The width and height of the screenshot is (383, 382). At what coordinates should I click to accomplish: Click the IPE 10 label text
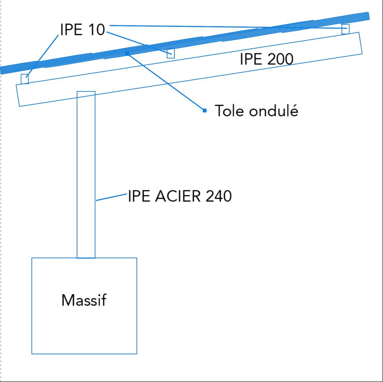[82, 29]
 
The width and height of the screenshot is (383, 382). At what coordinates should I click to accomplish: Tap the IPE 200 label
[266, 59]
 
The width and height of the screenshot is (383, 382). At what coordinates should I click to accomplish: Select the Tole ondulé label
[256, 111]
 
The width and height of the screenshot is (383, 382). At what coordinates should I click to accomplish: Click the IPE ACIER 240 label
[179, 196]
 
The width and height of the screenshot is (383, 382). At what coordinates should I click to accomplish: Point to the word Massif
[84, 300]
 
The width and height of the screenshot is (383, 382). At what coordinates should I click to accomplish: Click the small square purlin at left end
[25, 79]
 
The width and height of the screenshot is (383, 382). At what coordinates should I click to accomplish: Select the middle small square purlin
[171, 53]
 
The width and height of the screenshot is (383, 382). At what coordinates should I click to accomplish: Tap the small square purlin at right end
[346, 29]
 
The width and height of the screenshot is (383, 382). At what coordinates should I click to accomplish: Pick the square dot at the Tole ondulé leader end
[204, 110]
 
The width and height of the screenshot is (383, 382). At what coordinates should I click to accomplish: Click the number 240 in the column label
[219, 196]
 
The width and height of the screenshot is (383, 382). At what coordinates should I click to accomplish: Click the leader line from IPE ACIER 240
[111, 197]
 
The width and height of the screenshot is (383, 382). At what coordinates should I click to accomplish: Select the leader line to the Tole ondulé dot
[166, 82]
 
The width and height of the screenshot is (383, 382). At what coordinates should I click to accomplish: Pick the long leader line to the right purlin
[224, 26]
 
